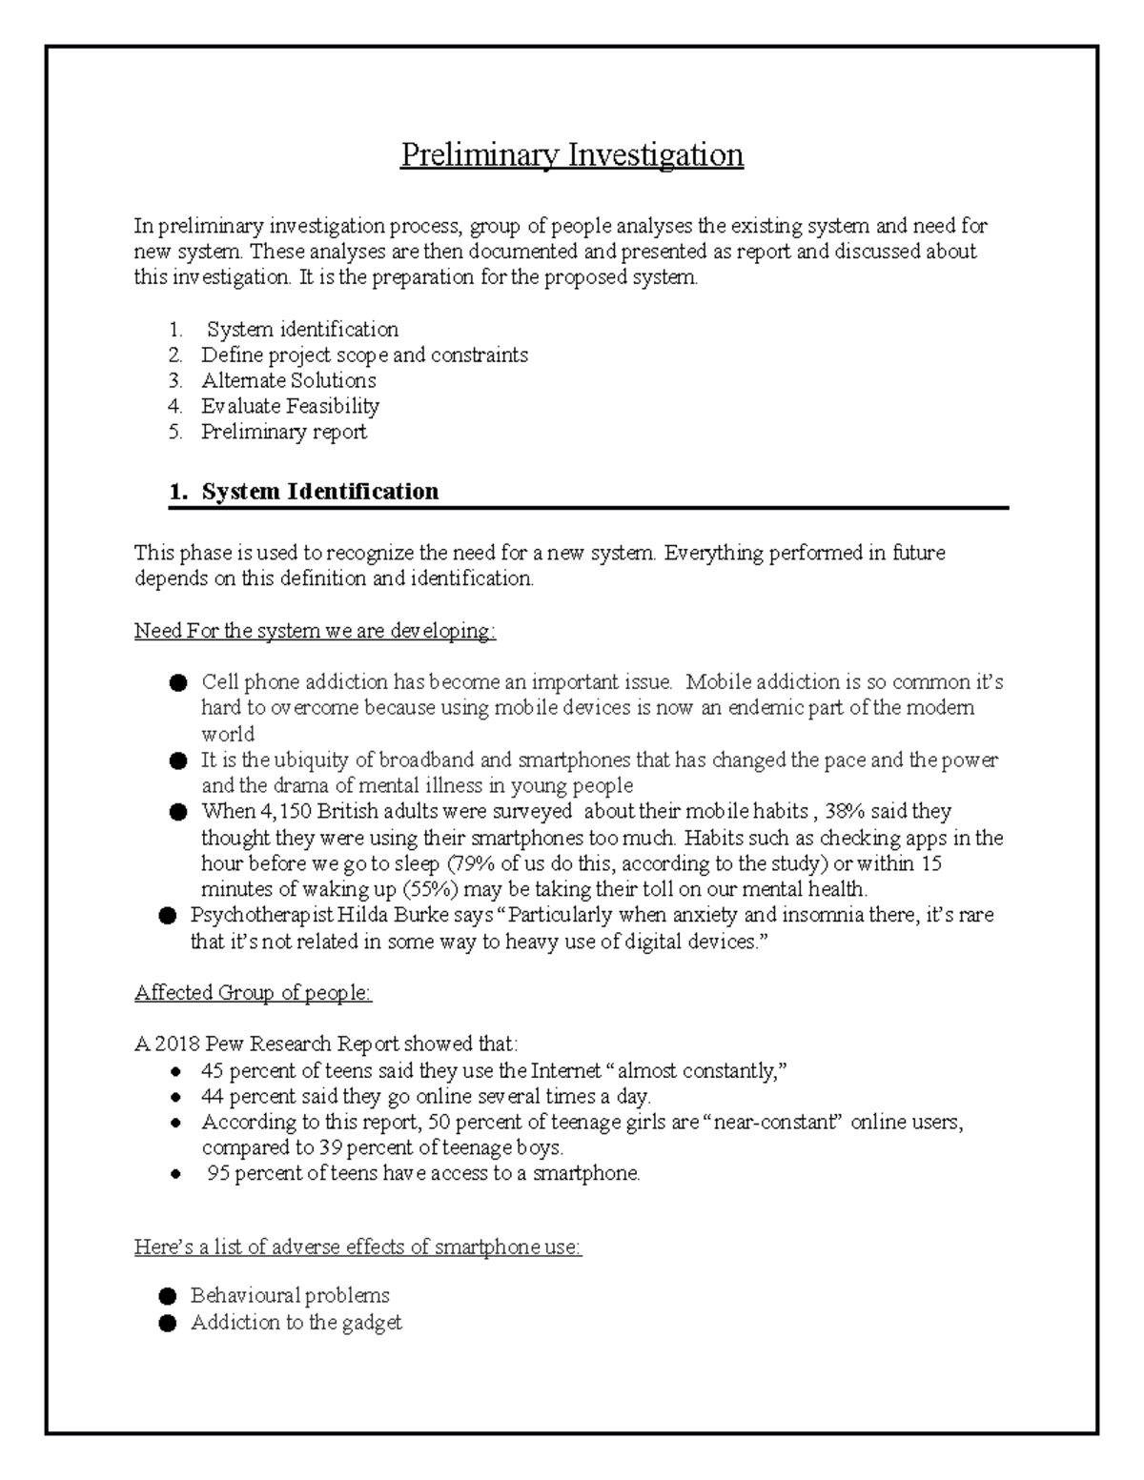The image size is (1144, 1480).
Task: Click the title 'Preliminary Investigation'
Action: pyautogui.click(x=571, y=154)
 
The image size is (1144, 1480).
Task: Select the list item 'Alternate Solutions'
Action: pyautogui.click(x=288, y=380)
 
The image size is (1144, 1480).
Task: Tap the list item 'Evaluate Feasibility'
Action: pyautogui.click(x=290, y=406)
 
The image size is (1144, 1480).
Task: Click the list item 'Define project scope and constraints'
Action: pyautogui.click(x=364, y=355)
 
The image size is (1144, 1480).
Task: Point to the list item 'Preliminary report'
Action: pyautogui.click(x=283, y=432)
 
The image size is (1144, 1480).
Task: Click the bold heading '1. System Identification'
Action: pyautogui.click(x=303, y=492)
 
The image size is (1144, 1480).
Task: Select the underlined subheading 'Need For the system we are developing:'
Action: pyautogui.click(x=315, y=631)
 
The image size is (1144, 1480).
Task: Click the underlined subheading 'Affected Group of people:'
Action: pyautogui.click(x=253, y=992)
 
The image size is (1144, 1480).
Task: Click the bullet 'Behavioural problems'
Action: pyautogui.click(x=290, y=1295)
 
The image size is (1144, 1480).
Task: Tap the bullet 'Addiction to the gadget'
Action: pyautogui.click(x=296, y=1322)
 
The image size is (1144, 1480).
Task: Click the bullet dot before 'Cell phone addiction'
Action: pyautogui.click(x=177, y=683)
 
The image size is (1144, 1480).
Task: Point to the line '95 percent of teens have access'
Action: pyautogui.click(x=423, y=1173)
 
